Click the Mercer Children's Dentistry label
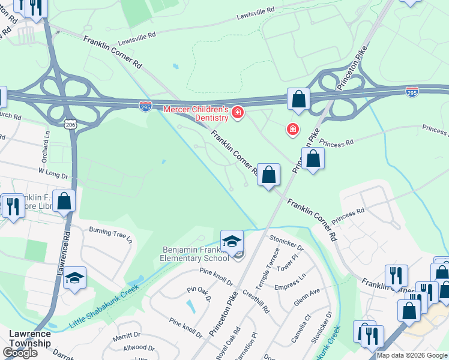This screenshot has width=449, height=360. click(x=196, y=113)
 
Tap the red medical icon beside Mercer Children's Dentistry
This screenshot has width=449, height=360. click(x=238, y=112)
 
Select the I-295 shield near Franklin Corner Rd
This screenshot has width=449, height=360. click(x=145, y=106)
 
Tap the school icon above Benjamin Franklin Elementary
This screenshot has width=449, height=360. click(x=232, y=241)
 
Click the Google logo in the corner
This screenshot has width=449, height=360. click(x=20, y=353)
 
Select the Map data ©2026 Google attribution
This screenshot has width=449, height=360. click(x=412, y=355)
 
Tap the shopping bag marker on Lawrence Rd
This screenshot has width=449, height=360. click(x=64, y=202)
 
